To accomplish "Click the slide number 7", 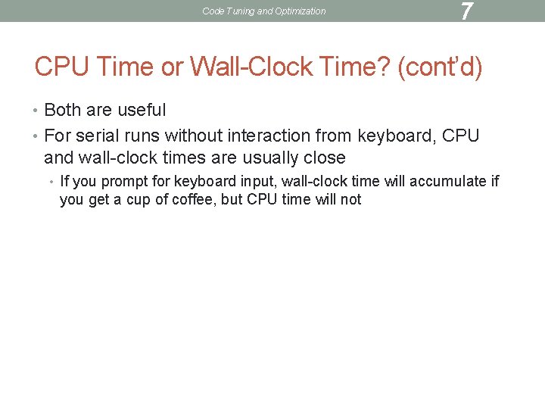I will [x=466, y=11].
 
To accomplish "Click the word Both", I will [x=62, y=111].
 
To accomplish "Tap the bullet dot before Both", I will [x=38, y=111].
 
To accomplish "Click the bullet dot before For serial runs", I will [x=38, y=137].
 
